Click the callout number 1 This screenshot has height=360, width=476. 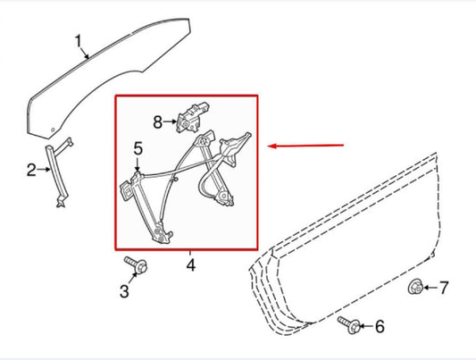click(x=79, y=42)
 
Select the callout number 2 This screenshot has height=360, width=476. click(x=31, y=170)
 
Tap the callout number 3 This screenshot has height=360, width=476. click(x=124, y=291)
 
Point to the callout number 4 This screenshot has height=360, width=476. click(x=191, y=265)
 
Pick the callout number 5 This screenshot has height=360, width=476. click(x=138, y=149)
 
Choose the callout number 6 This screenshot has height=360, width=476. click(x=380, y=327)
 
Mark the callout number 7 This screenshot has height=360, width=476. click(x=444, y=288)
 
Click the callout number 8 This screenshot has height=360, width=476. click(x=157, y=122)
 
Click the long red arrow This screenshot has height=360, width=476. click(x=305, y=146)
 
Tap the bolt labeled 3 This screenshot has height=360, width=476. click(x=137, y=265)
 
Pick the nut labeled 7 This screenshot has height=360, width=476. click(x=415, y=287)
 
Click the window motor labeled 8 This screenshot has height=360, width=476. click(x=193, y=118)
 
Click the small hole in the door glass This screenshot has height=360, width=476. click(x=53, y=130)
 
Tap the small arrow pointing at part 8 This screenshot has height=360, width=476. click(x=170, y=121)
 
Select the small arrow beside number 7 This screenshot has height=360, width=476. click(x=430, y=288)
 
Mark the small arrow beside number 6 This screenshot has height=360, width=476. click(x=366, y=327)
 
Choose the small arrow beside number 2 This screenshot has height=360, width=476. click(x=44, y=170)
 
